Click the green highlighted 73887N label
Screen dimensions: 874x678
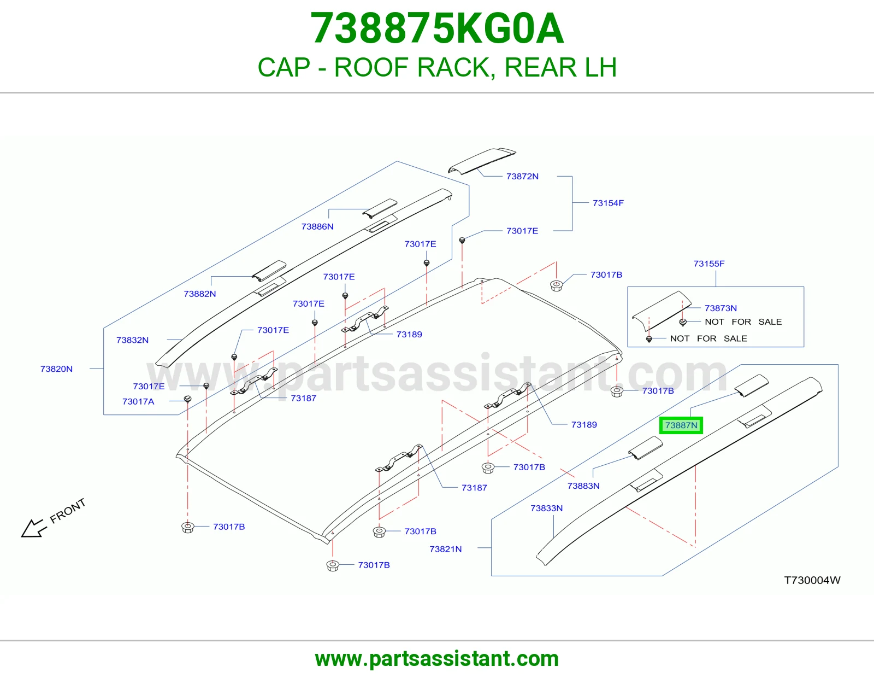click(x=681, y=425)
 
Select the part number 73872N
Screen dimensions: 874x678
click(x=522, y=177)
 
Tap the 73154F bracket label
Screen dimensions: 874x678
click(x=608, y=203)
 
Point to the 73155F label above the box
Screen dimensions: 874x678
click(x=708, y=264)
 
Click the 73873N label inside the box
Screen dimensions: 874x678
click(x=721, y=308)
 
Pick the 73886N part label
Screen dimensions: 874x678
click(x=317, y=226)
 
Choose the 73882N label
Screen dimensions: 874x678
click(x=199, y=294)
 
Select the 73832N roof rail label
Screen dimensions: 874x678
click(x=132, y=340)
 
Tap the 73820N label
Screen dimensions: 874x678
click(x=56, y=369)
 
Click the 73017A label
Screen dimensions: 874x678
click(x=138, y=401)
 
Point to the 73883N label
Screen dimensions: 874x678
click(x=583, y=486)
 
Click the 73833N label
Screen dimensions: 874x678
click(x=547, y=508)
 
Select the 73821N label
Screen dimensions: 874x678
click(x=445, y=549)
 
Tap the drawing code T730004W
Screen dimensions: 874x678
click(x=812, y=580)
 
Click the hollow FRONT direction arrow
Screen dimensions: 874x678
click(x=33, y=528)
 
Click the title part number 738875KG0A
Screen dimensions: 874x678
click(x=437, y=28)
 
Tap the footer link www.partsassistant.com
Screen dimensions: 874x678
click(x=437, y=659)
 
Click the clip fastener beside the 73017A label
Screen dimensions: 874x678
click(x=187, y=399)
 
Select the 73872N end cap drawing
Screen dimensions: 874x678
click(x=482, y=161)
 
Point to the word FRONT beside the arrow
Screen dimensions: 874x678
click(x=68, y=511)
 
